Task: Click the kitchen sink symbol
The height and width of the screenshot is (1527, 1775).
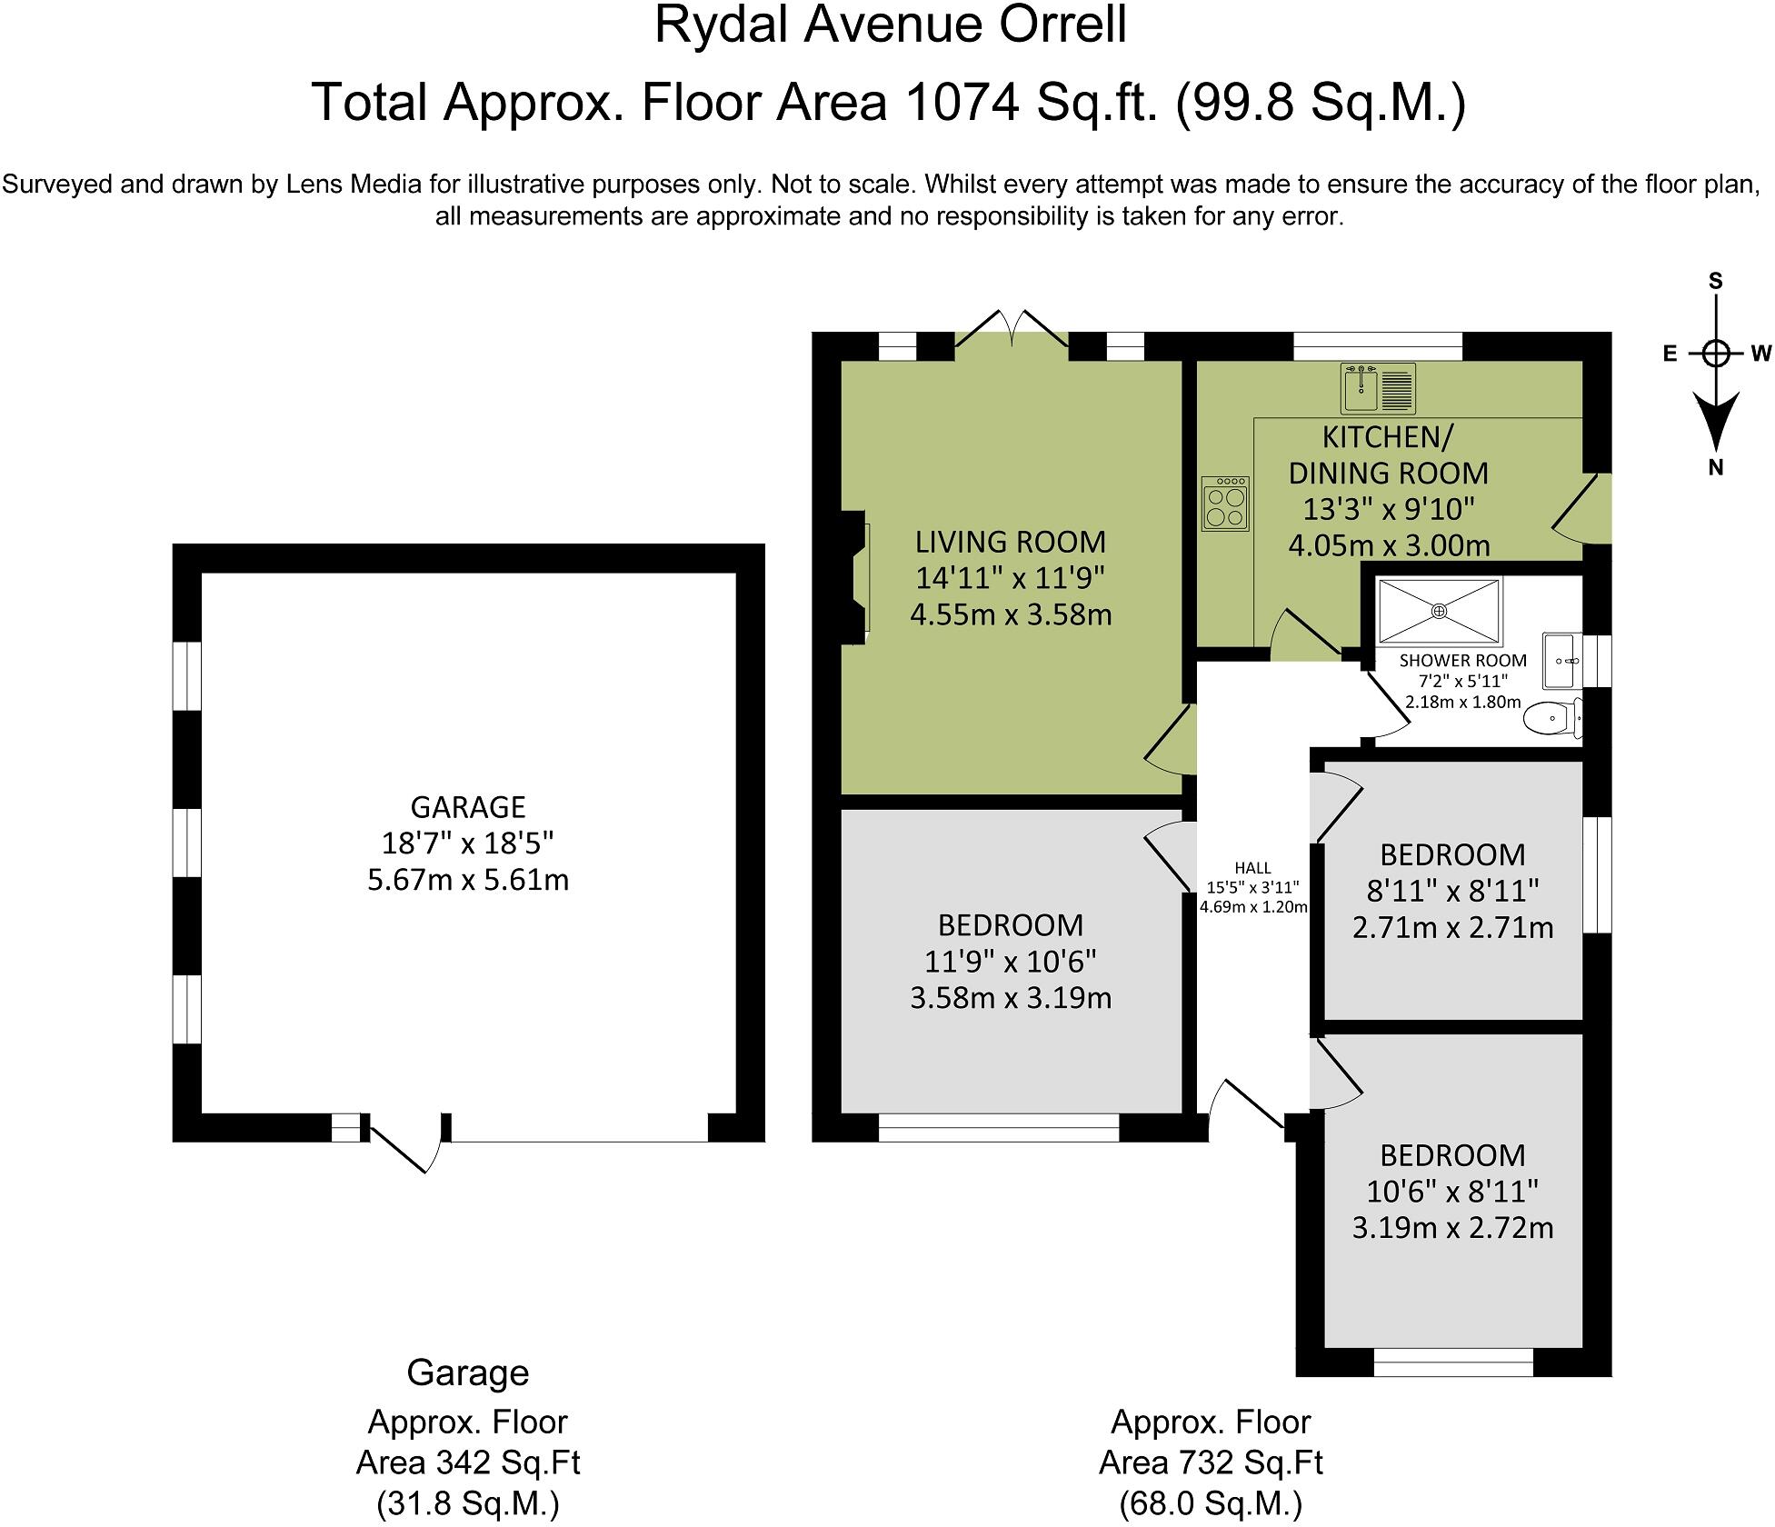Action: point(1378,389)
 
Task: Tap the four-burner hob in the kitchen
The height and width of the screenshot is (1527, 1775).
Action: point(1225,504)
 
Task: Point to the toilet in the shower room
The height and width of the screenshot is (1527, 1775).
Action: point(1553,719)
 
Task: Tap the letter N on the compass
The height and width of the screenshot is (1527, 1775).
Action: point(1716,469)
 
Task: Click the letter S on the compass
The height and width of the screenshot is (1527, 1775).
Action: point(1716,282)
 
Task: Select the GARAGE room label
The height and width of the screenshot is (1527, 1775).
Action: point(468,807)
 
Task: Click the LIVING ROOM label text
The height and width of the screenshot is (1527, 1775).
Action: point(1011,542)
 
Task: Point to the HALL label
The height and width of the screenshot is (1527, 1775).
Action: point(1253,868)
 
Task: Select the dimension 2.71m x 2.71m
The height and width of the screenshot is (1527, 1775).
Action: point(1452,928)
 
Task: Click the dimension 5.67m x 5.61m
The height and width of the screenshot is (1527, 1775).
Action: point(468,880)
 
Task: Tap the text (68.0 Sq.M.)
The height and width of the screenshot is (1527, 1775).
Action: point(1211,1503)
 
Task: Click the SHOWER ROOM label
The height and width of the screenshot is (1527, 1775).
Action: point(1462,661)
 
